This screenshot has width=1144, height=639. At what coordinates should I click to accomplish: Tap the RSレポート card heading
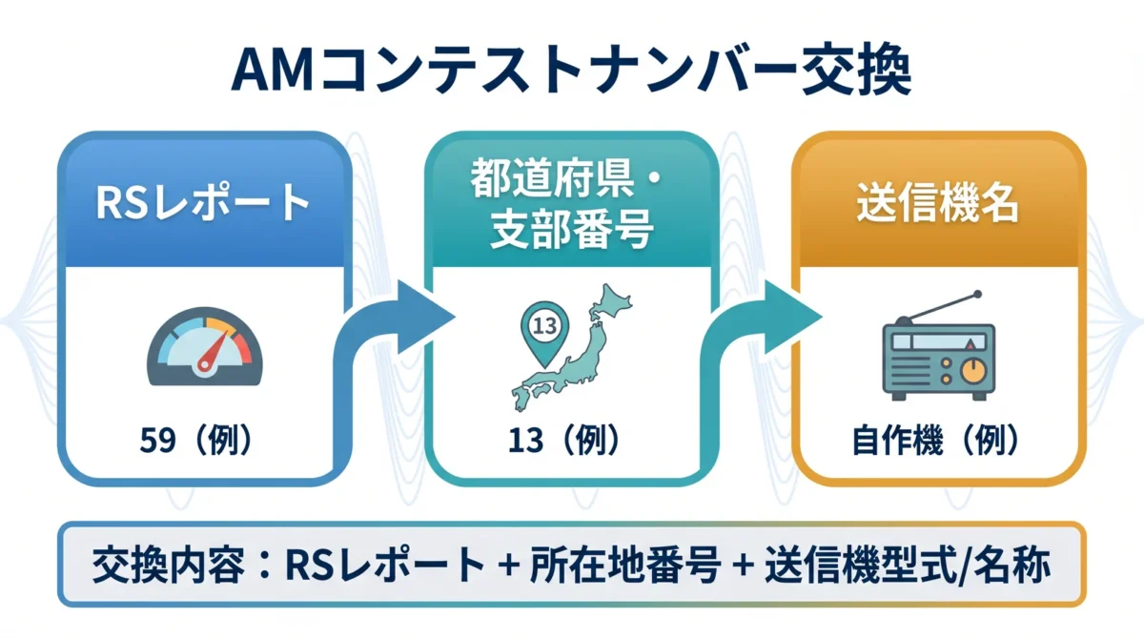tap(204, 204)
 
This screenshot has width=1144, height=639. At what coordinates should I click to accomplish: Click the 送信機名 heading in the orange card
tap(938, 204)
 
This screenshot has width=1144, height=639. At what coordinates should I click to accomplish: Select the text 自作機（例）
tap(937, 442)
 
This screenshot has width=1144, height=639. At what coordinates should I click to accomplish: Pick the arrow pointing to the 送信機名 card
tap(763, 329)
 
